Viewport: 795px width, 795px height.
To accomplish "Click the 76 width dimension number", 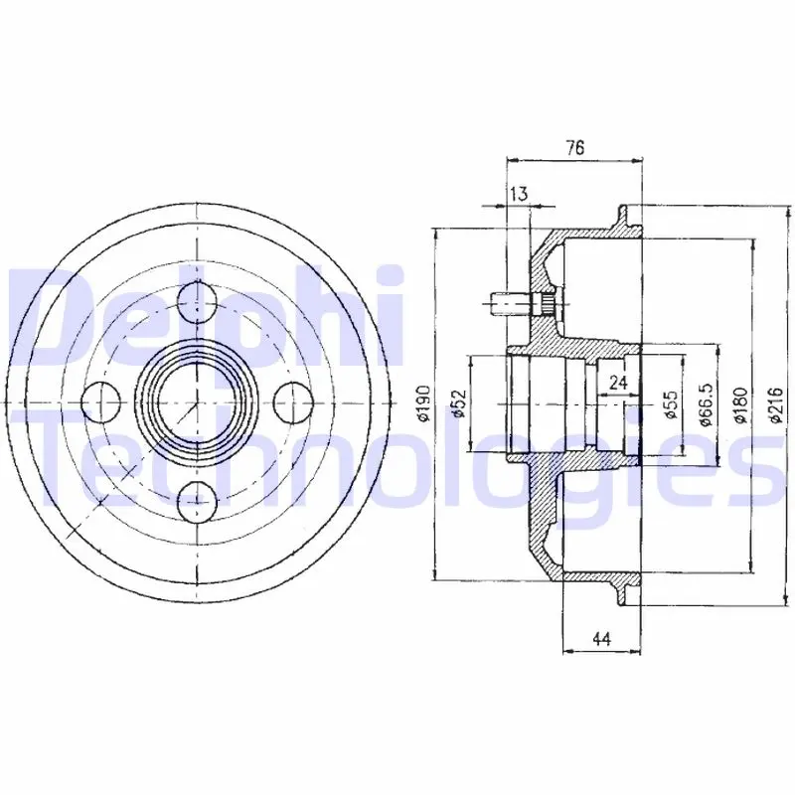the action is [575, 147].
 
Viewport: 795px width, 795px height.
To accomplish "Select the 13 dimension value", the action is [519, 194].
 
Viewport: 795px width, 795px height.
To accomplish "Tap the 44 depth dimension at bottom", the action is [601, 639].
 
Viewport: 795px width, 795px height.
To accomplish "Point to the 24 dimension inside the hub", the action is [618, 382].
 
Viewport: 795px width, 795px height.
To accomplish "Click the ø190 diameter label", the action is [423, 403].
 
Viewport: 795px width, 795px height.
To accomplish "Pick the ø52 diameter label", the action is [458, 403].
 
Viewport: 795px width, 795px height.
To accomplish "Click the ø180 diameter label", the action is [741, 404].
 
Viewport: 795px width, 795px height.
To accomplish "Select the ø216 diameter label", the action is [776, 404].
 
